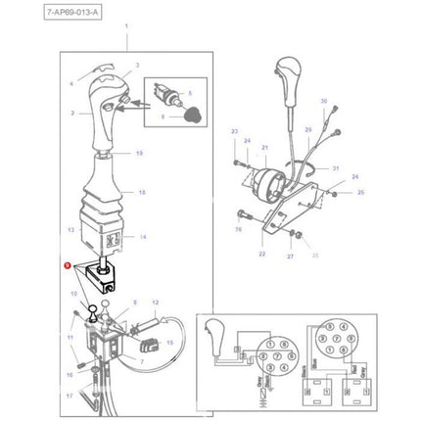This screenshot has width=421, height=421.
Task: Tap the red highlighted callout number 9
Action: point(67,264)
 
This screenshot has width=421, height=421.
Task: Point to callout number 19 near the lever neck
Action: point(139,154)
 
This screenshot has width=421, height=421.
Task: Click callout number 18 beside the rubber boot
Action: point(141,193)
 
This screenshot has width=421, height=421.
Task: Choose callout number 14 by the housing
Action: point(142,237)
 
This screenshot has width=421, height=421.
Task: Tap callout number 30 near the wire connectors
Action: point(323,101)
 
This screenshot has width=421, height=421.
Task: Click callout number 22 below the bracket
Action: point(261,254)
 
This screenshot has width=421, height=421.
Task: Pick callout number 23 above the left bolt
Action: point(234,131)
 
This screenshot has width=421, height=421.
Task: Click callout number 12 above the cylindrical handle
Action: point(155,304)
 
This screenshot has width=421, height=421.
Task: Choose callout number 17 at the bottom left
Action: point(70,396)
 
